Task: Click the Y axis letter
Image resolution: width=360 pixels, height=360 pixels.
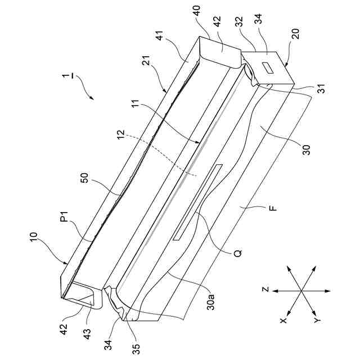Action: pos(317,320)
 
